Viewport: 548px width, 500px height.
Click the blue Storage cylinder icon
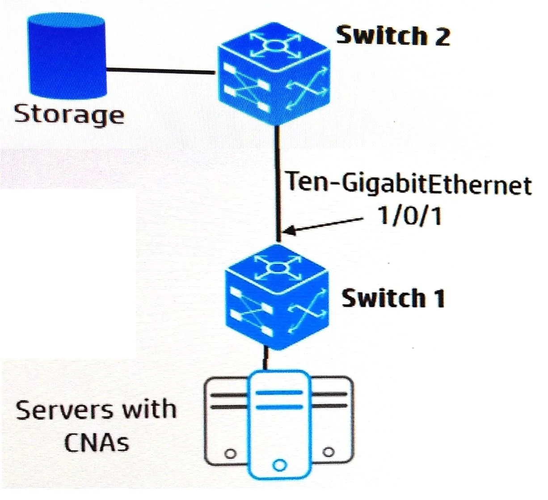(67, 56)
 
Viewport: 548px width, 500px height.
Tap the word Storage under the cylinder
(69, 115)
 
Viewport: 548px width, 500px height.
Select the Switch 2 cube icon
(274, 74)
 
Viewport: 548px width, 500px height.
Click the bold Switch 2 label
(393, 36)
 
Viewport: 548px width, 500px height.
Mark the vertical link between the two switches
(278, 184)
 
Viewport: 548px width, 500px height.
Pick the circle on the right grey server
(329, 452)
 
